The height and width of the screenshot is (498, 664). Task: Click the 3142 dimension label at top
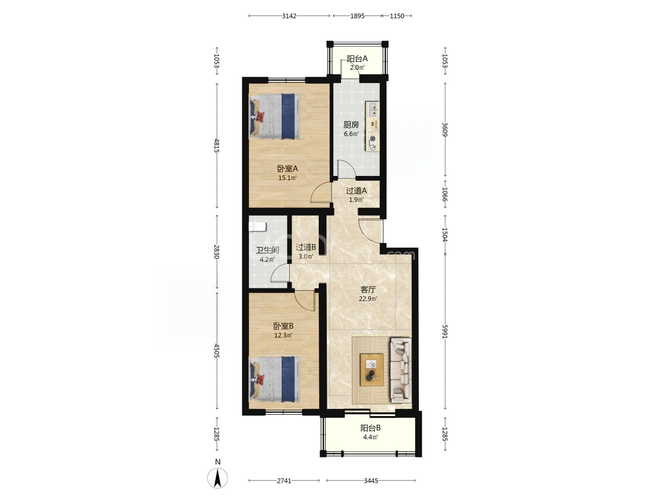pos(289,16)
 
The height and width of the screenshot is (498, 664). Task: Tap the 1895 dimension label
pos(357,16)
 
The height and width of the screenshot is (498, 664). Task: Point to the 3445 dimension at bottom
pos(370,480)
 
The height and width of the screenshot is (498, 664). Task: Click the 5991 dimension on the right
pos(444,332)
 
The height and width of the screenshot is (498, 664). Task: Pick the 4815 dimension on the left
pos(216,145)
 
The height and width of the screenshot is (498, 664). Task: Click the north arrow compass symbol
pos(217,478)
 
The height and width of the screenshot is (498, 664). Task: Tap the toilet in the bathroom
pos(257,226)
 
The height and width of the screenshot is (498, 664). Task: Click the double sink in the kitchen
pos(373,110)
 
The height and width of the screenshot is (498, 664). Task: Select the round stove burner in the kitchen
pos(373,139)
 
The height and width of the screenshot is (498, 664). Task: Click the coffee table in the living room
pos(372,369)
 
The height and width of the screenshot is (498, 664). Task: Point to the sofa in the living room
pos(401,370)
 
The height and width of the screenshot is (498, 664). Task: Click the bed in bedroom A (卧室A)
pos(275,116)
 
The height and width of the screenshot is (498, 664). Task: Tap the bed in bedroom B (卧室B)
pos(275,379)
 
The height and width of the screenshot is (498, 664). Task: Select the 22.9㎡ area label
pos(368,299)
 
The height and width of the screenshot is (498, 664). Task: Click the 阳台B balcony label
pos(370,428)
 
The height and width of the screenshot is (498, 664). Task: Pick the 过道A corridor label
pos(356,191)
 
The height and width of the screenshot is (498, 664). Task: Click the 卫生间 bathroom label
pos(267,250)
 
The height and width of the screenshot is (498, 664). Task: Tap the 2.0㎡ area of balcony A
pos(357,67)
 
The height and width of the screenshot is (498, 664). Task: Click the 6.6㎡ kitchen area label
pos(351,134)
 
